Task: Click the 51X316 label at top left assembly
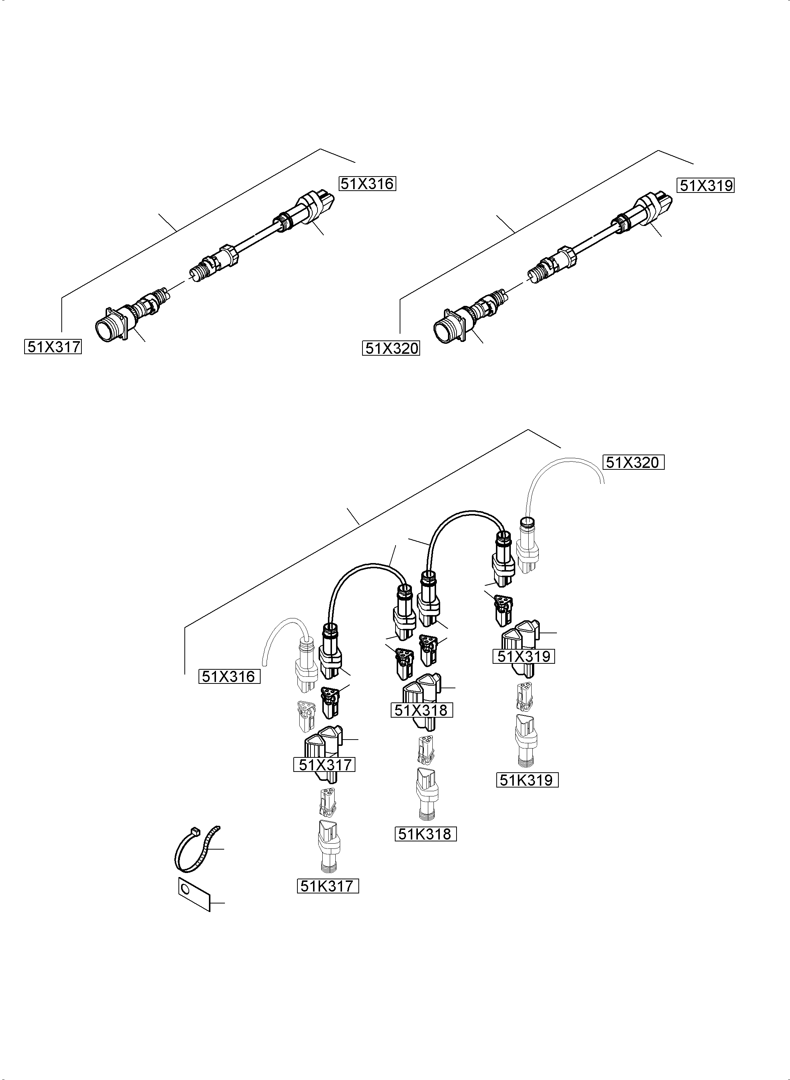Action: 367,184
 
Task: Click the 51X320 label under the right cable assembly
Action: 391,349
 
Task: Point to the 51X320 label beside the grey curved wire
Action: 633,463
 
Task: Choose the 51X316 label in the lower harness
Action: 229,676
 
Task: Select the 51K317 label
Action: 328,886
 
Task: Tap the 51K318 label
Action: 425,834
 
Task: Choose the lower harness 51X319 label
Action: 524,656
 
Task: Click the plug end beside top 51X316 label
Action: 316,206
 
